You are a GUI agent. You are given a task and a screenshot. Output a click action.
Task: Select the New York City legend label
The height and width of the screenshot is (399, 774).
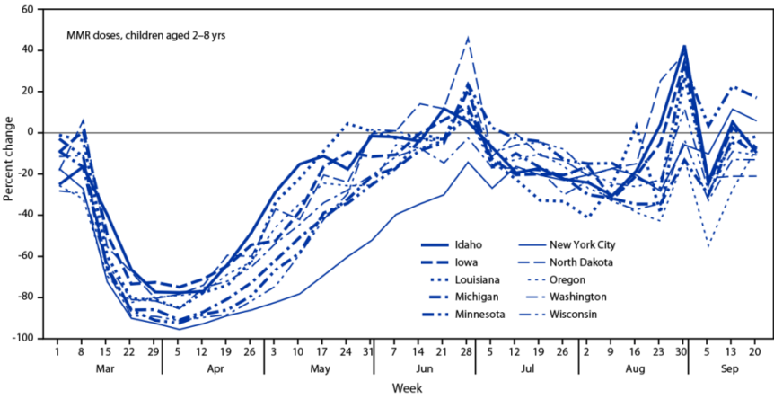click(582, 244)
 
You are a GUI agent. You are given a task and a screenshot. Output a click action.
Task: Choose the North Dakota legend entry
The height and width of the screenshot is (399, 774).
click(581, 262)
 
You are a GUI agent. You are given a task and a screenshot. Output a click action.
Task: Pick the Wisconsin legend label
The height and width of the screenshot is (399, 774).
click(575, 315)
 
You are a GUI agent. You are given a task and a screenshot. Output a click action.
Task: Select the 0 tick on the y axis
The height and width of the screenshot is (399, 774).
click(38, 132)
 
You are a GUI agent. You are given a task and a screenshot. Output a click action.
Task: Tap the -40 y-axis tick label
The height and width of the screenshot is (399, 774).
click(31, 215)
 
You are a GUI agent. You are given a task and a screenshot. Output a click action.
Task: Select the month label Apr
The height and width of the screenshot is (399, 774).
click(215, 368)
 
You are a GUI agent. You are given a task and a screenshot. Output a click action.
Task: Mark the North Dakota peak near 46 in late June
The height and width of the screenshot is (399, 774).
click(468, 38)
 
